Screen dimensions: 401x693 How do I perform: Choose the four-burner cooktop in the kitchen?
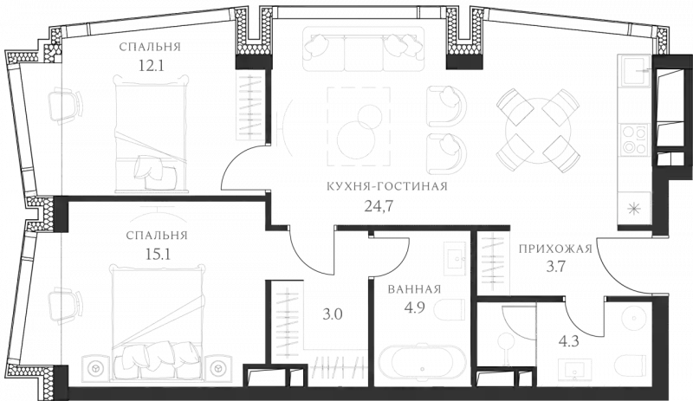pos(634,138)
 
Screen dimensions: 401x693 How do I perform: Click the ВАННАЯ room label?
pos(416,288)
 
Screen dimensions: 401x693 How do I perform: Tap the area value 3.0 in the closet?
pos(329,314)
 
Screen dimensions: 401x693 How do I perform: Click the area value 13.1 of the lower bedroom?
pos(157,252)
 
